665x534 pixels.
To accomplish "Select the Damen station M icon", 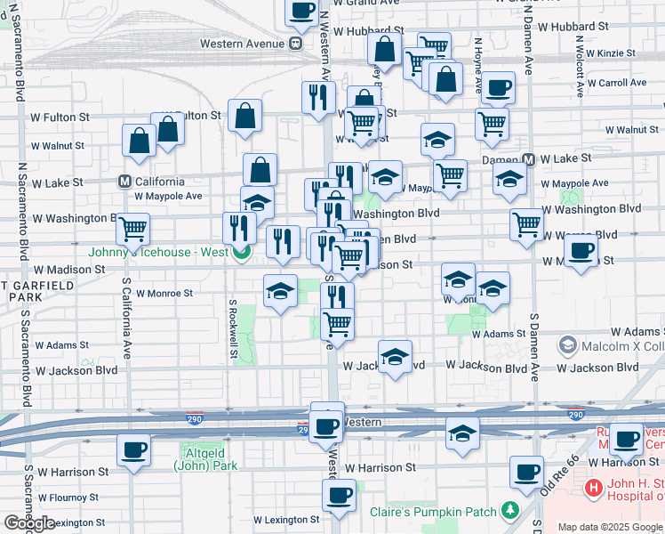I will (528, 159).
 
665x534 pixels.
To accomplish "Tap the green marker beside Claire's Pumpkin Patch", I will (509, 510).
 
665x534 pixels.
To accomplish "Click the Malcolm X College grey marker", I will (567, 344).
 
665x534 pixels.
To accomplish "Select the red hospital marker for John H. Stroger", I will (592, 489).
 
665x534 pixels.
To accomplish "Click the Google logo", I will (29, 523).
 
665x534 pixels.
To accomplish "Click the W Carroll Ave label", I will (616, 83).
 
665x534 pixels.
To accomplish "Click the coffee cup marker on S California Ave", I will (133, 450).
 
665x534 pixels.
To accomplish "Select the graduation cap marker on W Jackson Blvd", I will (395, 358).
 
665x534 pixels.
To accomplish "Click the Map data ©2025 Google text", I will (609, 527).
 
